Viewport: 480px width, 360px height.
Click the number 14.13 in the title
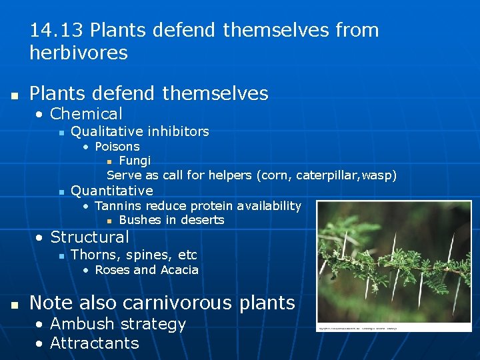coord(57,31)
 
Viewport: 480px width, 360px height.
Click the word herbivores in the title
coord(79,53)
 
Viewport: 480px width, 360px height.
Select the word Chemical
coord(86,114)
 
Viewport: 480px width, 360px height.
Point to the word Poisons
coord(117,147)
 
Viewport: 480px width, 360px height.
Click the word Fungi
coord(135,161)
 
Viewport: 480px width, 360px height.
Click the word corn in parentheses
coord(268,175)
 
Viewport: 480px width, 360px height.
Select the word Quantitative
coord(111,191)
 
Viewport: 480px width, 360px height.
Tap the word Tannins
coord(119,206)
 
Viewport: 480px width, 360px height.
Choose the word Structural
coord(89,237)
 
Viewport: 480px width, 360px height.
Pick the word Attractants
coord(94,343)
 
